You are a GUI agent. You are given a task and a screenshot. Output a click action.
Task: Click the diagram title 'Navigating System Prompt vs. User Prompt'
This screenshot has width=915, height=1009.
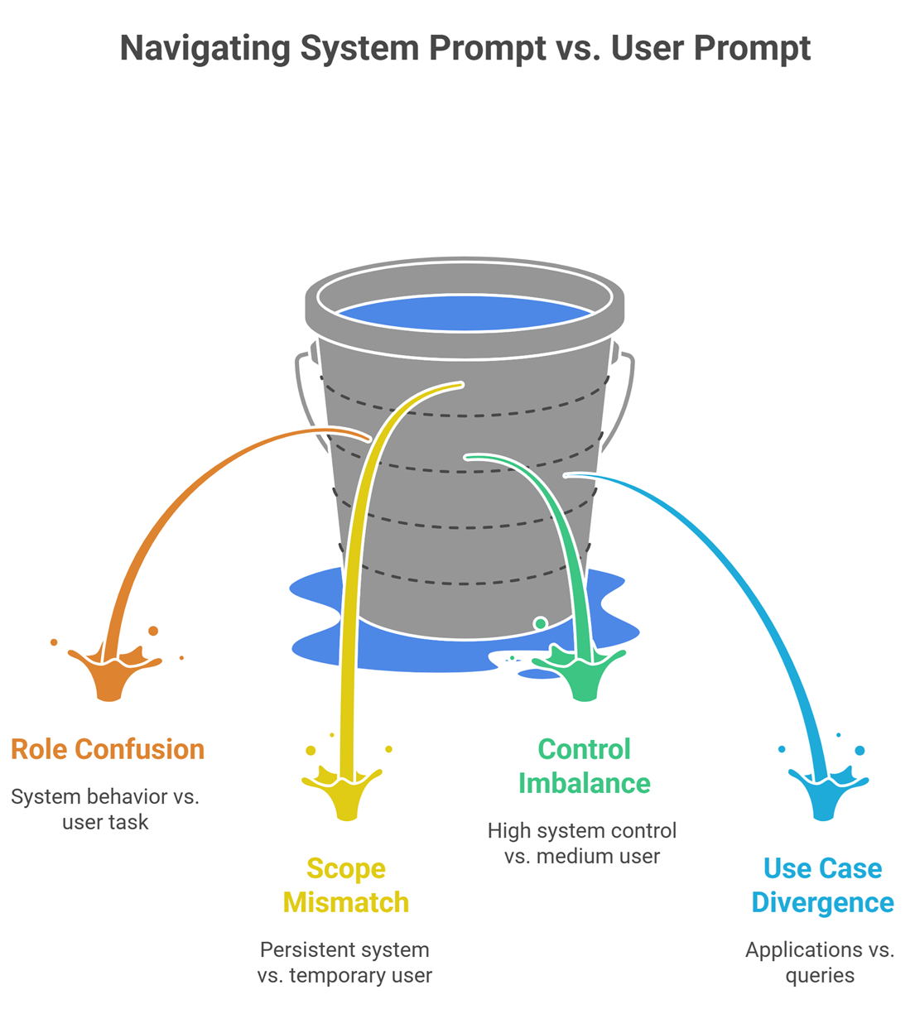click(x=465, y=48)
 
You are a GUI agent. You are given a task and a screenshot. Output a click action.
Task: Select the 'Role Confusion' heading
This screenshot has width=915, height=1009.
click(x=108, y=749)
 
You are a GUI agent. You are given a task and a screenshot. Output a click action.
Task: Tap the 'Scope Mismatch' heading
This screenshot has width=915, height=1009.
click(x=346, y=885)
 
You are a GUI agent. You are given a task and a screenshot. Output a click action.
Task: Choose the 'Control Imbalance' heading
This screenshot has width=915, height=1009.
click(x=584, y=766)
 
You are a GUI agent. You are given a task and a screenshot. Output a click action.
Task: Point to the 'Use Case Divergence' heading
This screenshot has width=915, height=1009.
click(x=822, y=885)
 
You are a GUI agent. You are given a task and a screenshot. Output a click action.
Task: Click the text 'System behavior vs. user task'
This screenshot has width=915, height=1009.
click(x=105, y=809)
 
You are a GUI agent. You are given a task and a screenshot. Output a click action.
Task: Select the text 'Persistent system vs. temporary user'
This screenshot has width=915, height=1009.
click(x=344, y=962)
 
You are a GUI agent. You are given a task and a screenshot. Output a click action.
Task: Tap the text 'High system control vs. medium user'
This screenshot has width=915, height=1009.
click(x=582, y=843)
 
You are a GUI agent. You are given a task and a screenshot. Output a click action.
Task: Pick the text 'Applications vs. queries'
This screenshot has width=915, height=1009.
click(x=820, y=962)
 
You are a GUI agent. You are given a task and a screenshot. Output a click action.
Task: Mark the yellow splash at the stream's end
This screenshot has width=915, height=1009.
click(x=347, y=790)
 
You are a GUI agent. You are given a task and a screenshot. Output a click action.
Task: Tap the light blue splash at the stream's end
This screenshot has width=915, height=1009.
click(x=824, y=790)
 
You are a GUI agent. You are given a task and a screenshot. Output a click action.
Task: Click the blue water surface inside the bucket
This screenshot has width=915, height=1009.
click(x=465, y=314)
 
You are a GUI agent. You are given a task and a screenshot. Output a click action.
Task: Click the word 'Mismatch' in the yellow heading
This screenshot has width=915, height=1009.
click(x=346, y=902)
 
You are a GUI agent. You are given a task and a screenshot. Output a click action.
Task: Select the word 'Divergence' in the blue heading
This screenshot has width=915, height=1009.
click(x=822, y=902)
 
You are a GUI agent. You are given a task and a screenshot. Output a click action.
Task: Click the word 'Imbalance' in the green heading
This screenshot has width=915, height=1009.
click(x=584, y=783)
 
